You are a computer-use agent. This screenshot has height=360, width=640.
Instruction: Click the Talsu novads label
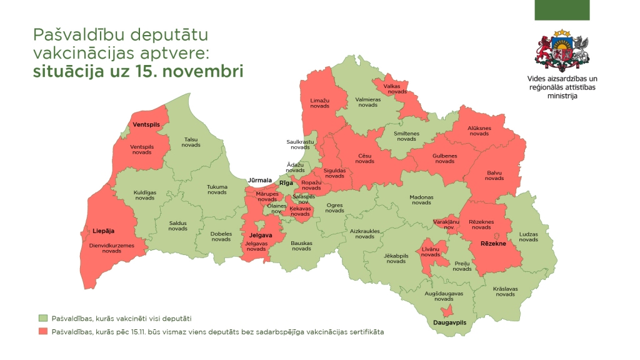coord(191,142)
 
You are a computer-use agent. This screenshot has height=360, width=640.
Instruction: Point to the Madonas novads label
coord(421,200)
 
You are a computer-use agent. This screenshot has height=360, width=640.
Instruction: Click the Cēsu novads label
coord(365,158)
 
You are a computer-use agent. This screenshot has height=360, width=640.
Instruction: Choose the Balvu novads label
coord(494,175)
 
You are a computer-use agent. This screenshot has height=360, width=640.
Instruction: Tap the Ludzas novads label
coord(528,237)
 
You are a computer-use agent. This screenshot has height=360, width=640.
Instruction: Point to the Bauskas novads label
coord(301,245)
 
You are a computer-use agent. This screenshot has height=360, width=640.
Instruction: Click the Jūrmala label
coord(260,180)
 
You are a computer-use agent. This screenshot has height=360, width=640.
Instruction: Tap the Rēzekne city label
coord(493,243)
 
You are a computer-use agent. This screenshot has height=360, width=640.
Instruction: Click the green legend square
coord(42,318)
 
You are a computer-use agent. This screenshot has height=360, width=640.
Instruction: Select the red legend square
coord(42,331)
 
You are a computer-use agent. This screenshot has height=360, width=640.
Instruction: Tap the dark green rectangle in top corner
coord(562,10)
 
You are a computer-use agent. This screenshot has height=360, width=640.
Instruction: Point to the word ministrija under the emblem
coord(562,96)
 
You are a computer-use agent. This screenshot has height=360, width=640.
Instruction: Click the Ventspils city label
coord(146,125)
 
